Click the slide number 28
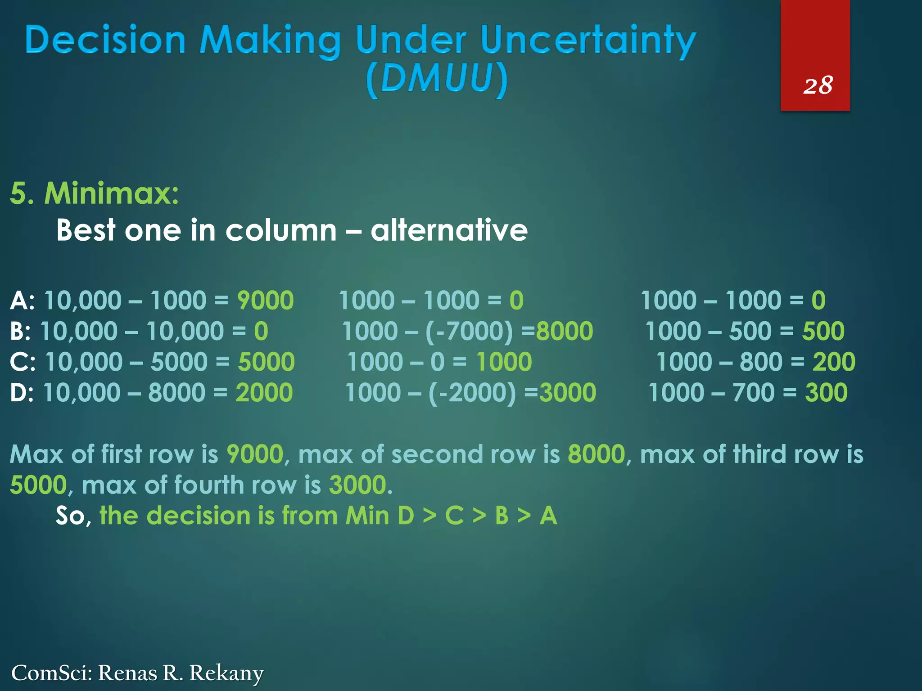click(x=818, y=85)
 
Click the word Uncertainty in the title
click(x=588, y=41)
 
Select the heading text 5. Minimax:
click(x=95, y=194)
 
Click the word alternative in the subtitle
click(x=449, y=230)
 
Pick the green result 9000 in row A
click(x=265, y=301)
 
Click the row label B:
click(x=20, y=332)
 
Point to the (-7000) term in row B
click(x=469, y=332)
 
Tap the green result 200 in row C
click(x=834, y=362)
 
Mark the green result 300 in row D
click(x=826, y=393)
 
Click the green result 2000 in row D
click(x=264, y=393)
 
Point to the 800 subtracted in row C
click(x=761, y=362)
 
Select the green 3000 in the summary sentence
click(x=358, y=485)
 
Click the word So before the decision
click(x=71, y=516)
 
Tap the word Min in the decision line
click(x=367, y=516)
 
